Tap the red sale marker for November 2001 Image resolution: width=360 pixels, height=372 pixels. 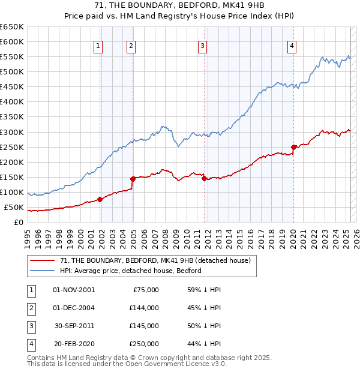point(100,200)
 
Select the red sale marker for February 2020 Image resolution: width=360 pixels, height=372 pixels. point(293,147)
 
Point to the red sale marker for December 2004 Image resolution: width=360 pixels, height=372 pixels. point(133,179)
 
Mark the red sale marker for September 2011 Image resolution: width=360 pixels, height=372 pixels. point(205,178)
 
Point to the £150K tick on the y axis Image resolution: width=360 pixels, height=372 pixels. point(12,178)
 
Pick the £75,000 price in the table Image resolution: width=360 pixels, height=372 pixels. point(145,290)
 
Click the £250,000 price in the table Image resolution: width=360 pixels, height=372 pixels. point(143,344)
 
